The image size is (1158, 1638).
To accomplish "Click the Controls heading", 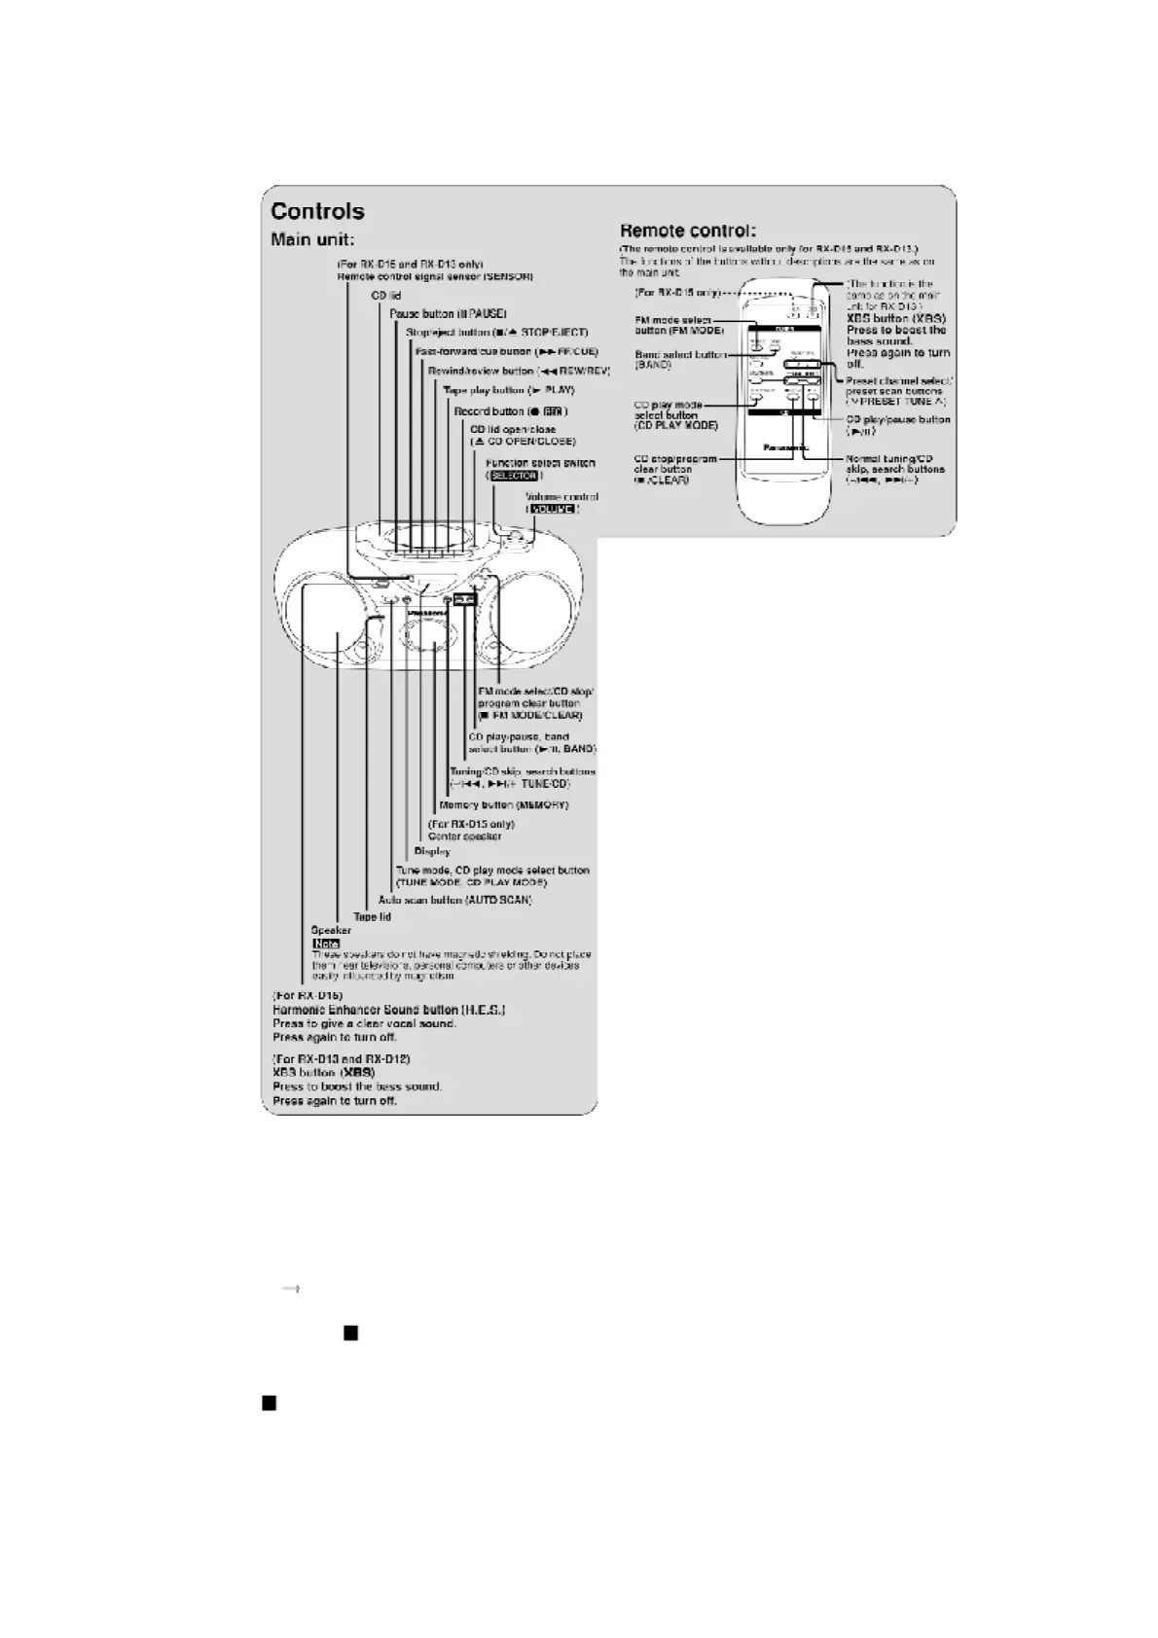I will coord(317,211).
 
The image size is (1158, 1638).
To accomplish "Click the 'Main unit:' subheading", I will coord(311,239).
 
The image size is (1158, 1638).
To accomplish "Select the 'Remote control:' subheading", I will coord(687,231).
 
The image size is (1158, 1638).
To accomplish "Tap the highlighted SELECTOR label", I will coord(513,476).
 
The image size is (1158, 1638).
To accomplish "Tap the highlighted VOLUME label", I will coord(552,509).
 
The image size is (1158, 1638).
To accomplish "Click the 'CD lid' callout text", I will coord(386,296).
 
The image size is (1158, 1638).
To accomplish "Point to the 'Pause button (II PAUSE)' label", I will coord(448,314).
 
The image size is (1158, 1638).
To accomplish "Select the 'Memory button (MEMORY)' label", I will coord(503,805).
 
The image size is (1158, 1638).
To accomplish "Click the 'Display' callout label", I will coord(432,851).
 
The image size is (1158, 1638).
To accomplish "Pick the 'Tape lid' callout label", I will coord(372,916).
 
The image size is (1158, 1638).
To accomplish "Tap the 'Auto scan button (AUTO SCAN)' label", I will coord(454,900).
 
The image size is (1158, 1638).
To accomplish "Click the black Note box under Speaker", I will coord(325,943).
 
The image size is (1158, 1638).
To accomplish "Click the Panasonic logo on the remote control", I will coord(782,448).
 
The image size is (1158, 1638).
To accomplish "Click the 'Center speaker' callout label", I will coord(465,837).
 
